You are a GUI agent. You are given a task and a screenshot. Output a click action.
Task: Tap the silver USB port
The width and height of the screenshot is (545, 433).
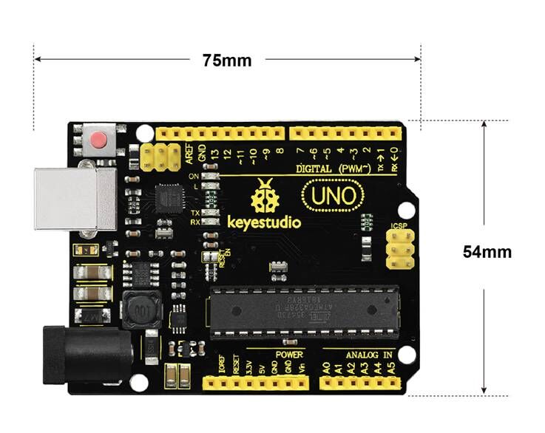click(x=75, y=198)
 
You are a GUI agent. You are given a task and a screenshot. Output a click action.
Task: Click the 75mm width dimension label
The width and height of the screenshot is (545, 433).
click(x=227, y=61)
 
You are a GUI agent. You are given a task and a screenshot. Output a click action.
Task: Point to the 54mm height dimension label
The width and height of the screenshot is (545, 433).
click(x=487, y=251)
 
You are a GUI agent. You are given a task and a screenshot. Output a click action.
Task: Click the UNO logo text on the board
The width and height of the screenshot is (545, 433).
click(x=333, y=196)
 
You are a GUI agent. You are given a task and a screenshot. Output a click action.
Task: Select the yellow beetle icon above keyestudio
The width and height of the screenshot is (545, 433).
click(x=264, y=196)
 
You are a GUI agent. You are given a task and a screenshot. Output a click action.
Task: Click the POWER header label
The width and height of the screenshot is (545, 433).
click(x=289, y=355)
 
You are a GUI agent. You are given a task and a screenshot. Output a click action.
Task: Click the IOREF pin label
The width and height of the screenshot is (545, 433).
click(x=221, y=364)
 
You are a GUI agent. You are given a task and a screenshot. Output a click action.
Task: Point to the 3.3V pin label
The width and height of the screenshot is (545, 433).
click(x=250, y=365)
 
